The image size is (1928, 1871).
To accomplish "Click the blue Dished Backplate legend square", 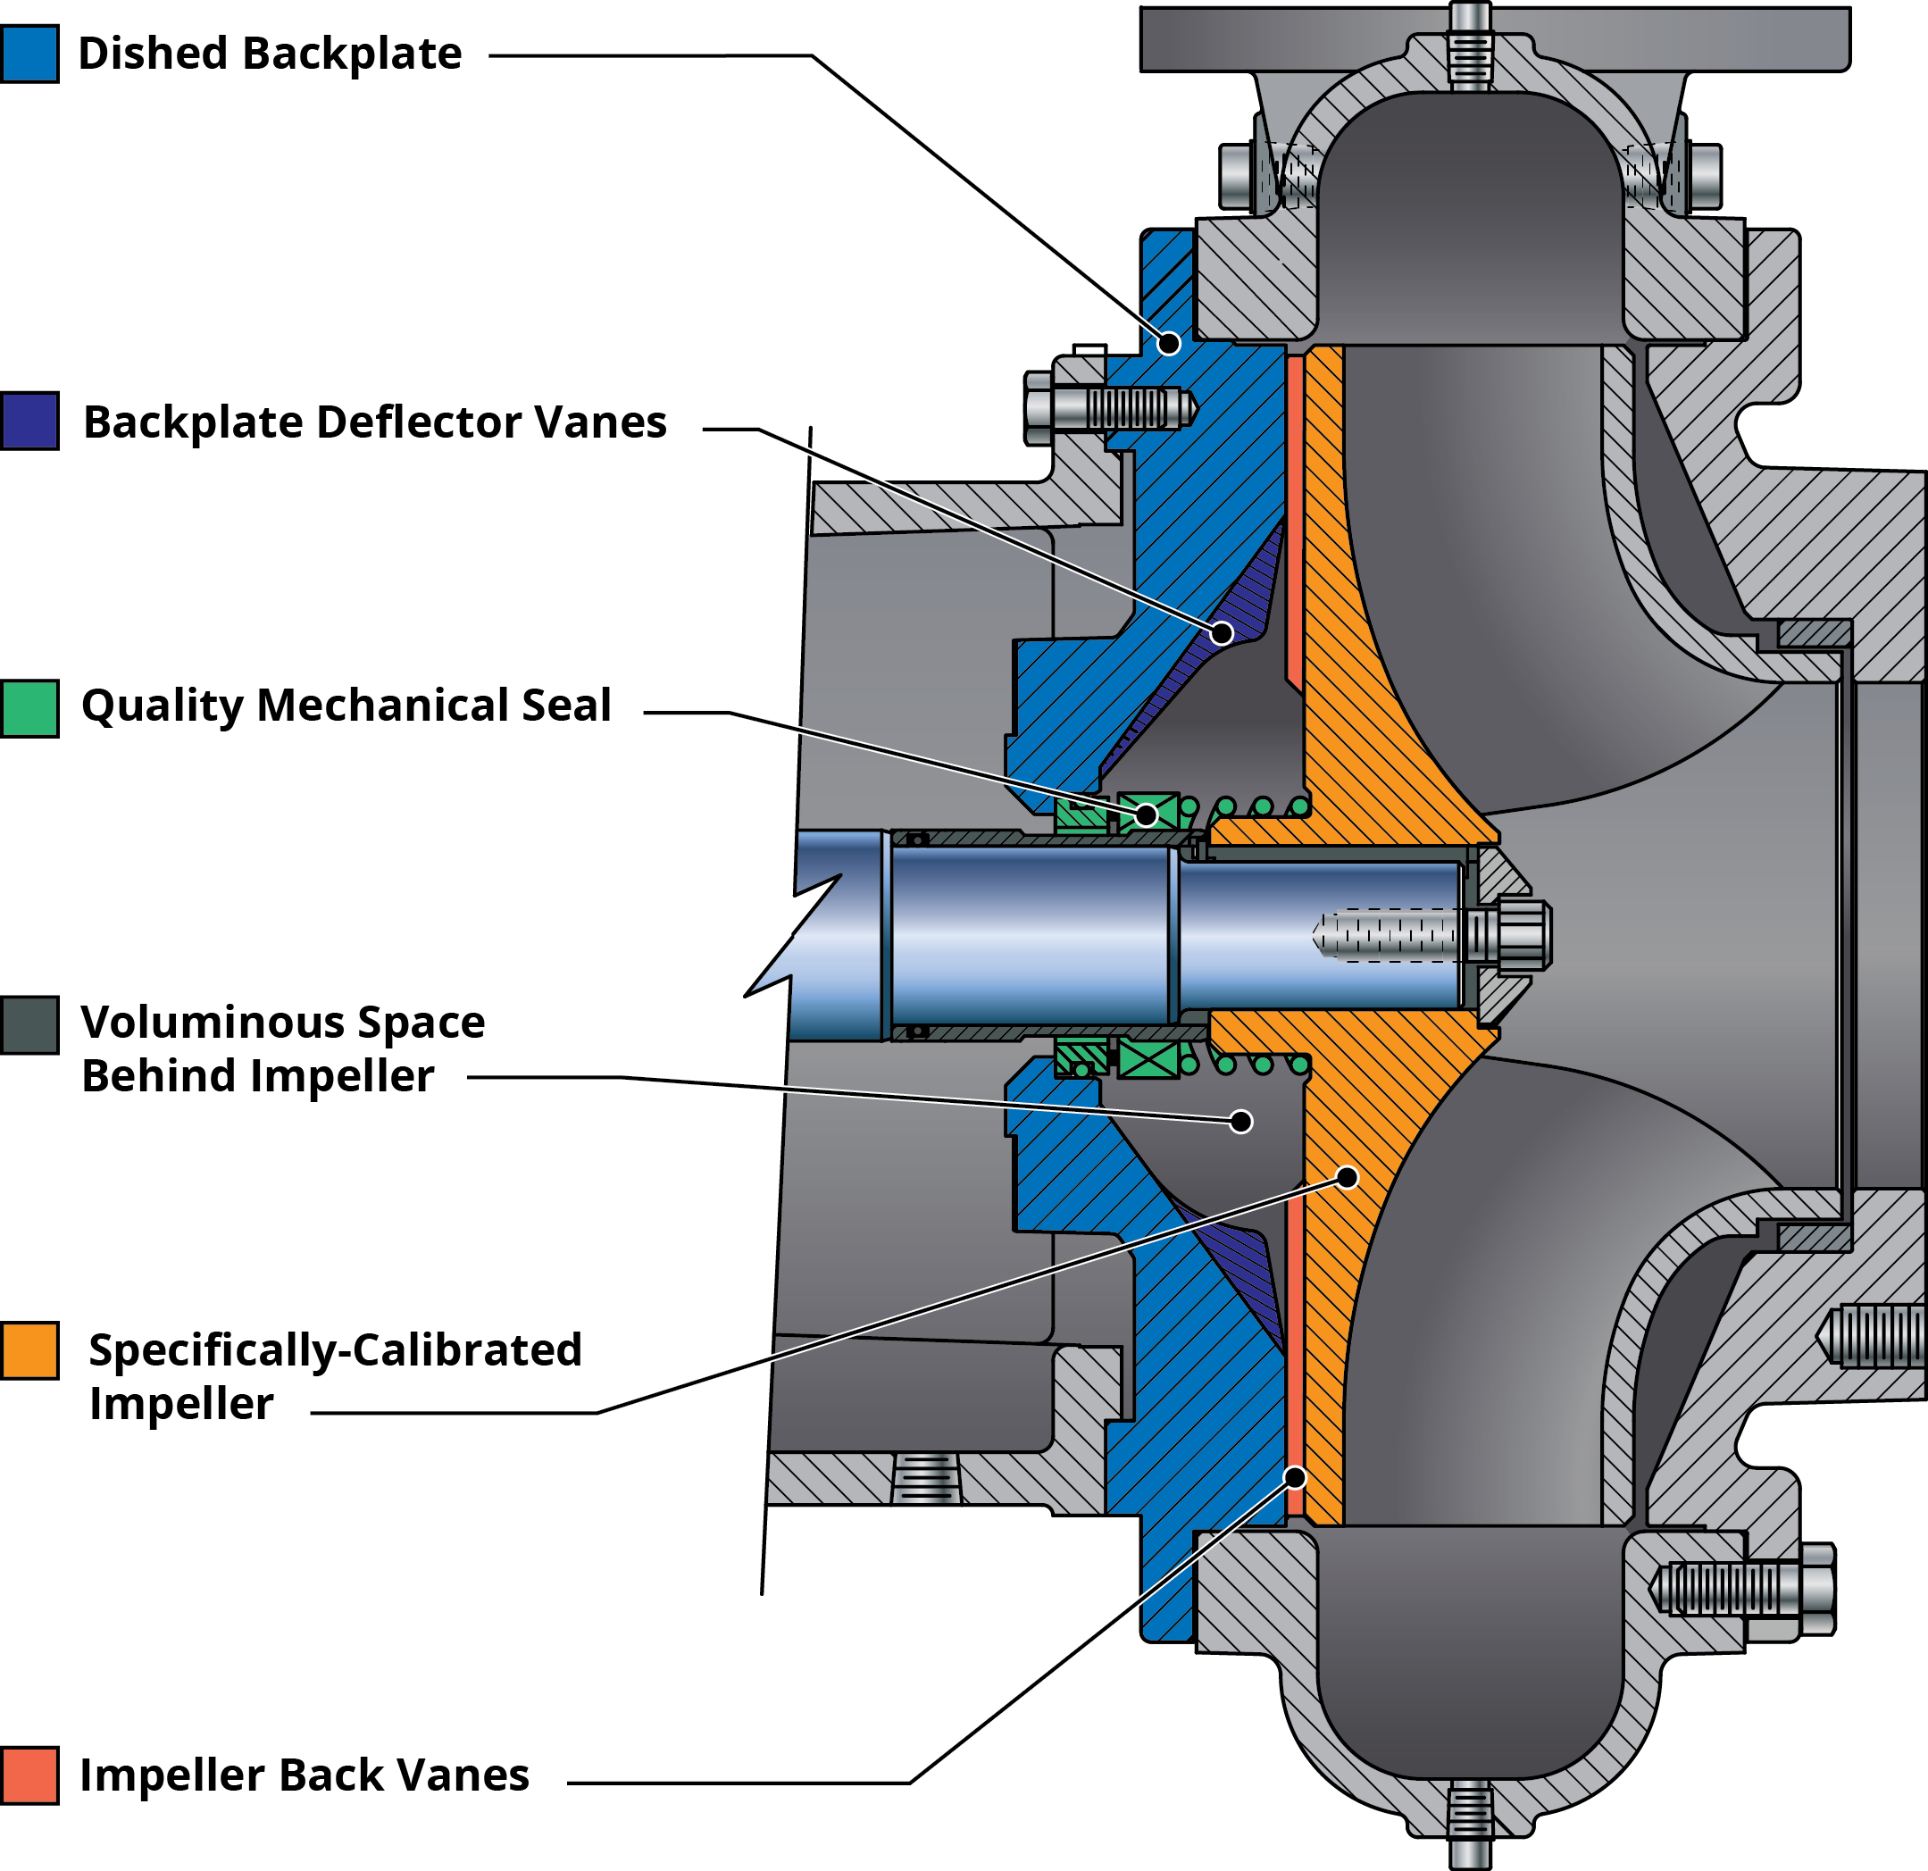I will (29, 54).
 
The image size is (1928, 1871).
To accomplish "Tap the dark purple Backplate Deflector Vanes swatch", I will (29, 421).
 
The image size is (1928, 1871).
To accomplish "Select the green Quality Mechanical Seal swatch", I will (29, 708).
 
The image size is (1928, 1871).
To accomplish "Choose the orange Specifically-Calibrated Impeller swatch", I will (29, 1350).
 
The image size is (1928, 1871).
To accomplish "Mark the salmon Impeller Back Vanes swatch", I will (29, 1775).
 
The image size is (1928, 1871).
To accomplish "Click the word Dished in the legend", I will (153, 54).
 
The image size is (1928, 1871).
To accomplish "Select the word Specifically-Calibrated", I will (335, 1350).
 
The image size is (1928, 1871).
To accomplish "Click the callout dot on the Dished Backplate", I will (1169, 343).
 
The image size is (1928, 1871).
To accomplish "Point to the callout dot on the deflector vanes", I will (1222, 632).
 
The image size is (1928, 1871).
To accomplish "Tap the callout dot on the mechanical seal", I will (1147, 814).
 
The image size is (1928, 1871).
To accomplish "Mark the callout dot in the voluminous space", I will (1241, 1122).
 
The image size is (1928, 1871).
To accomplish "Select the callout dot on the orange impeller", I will (1348, 1177).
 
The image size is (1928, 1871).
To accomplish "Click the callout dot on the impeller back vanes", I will (1297, 1477).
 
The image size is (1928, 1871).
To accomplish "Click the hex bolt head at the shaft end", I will (1520, 931).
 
